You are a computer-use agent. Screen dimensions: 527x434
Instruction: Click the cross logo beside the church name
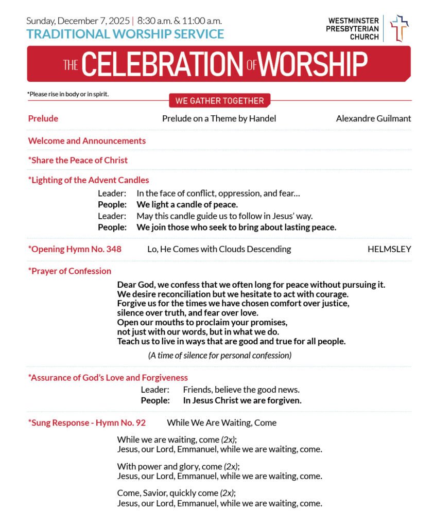(398, 28)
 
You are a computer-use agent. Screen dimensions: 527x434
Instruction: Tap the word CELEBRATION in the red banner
(161, 64)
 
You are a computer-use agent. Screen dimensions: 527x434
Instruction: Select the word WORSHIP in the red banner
(313, 64)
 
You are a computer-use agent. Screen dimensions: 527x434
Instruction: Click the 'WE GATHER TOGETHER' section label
(219, 101)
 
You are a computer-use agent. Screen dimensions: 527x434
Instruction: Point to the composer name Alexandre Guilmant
(373, 118)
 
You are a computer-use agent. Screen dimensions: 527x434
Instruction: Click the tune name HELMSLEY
(389, 249)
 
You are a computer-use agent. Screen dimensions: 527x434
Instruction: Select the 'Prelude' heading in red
(43, 118)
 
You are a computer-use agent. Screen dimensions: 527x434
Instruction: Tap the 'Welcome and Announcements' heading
(87, 140)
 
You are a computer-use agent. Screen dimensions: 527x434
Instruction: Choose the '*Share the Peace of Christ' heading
(78, 160)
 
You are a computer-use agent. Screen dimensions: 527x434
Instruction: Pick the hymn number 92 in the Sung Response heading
(141, 423)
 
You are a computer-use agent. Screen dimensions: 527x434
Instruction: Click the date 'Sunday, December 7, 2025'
(78, 21)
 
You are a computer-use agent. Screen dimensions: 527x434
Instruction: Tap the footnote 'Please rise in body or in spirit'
(68, 94)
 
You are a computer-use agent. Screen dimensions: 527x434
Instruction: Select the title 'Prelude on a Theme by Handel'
(219, 118)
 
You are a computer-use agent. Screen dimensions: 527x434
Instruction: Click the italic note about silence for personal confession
(220, 355)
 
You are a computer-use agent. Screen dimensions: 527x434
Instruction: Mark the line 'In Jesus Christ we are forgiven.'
(242, 400)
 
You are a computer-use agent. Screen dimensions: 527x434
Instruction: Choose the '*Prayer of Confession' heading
(70, 271)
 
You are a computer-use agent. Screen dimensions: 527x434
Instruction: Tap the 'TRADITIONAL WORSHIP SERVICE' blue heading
(125, 34)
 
